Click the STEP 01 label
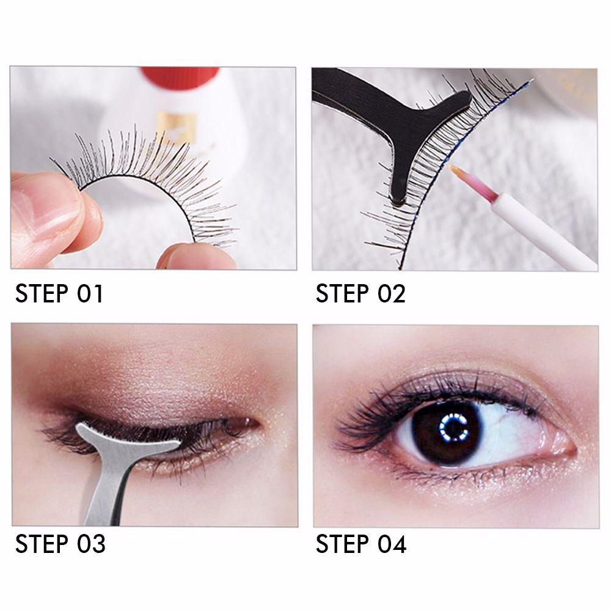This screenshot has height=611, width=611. (59, 293)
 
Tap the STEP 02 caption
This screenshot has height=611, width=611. (360, 293)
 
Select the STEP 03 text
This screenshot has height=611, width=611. (60, 544)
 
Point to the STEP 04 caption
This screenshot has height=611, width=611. (361, 544)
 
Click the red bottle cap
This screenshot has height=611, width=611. (180, 77)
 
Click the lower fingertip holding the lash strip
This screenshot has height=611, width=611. (195, 255)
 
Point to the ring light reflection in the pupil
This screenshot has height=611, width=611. (453, 427)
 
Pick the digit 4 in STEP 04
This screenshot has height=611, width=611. (399, 544)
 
